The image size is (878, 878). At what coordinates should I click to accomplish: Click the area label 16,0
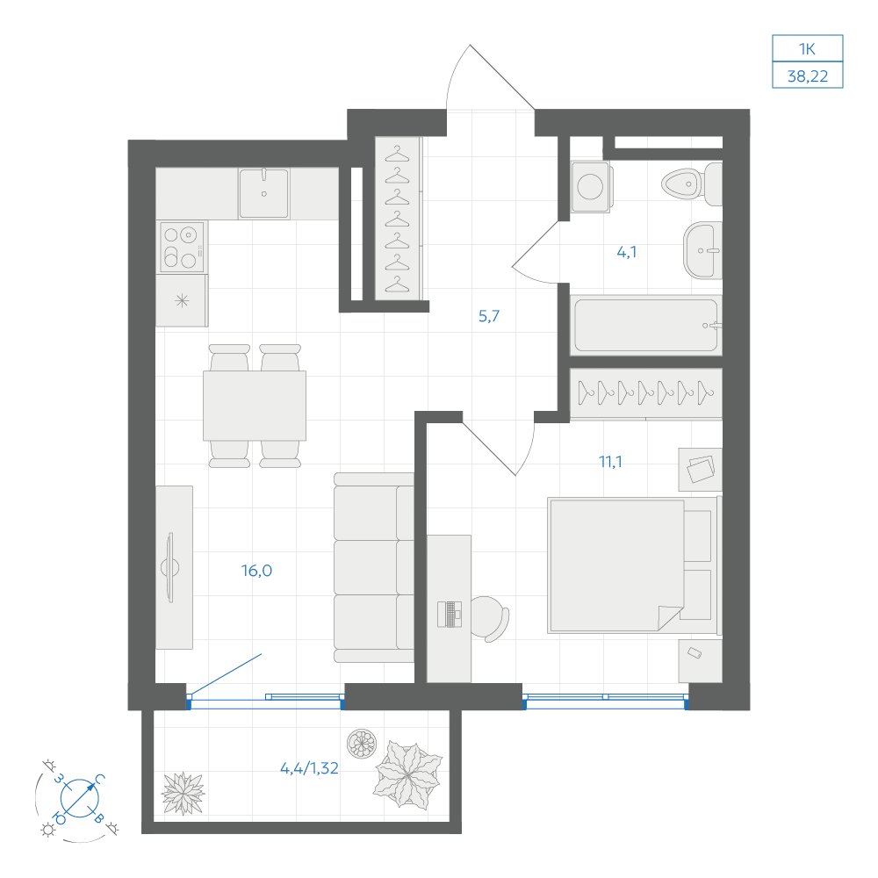tap(256, 571)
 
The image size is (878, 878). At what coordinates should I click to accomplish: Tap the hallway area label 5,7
tap(489, 316)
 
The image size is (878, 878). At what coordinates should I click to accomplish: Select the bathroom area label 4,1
tap(627, 252)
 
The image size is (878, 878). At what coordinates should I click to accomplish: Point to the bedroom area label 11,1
tap(610, 462)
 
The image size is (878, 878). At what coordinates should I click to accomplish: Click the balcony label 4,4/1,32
tap(309, 768)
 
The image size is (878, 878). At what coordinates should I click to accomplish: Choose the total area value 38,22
tap(808, 76)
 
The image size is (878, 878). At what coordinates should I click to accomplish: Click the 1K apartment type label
tap(807, 49)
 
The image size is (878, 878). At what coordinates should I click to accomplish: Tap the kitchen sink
tap(263, 193)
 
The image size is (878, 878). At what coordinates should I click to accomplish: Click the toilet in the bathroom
tap(692, 184)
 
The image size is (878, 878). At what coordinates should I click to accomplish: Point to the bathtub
tap(645, 325)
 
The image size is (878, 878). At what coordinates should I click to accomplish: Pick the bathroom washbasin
tap(702, 250)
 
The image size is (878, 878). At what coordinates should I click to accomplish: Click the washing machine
tap(590, 186)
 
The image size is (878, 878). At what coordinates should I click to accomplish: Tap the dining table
tap(255, 406)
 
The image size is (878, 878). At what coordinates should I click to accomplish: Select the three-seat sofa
tap(373, 567)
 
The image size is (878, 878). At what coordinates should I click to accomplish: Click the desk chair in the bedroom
tap(489, 619)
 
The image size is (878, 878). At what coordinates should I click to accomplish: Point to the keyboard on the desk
tap(449, 615)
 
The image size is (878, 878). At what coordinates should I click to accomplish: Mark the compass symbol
tap(79, 797)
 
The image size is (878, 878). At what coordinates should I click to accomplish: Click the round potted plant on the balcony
tap(361, 745)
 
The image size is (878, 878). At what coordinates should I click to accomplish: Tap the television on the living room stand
tap(170, 567)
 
